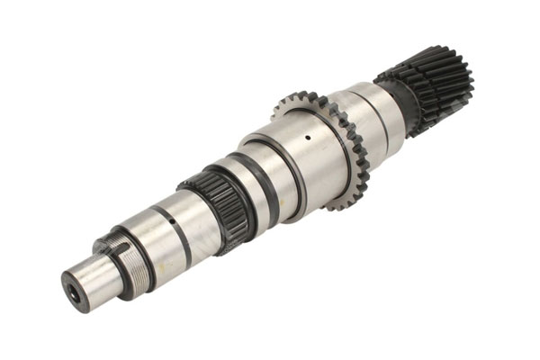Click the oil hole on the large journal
pyautogui.click(x=307, y=138)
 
